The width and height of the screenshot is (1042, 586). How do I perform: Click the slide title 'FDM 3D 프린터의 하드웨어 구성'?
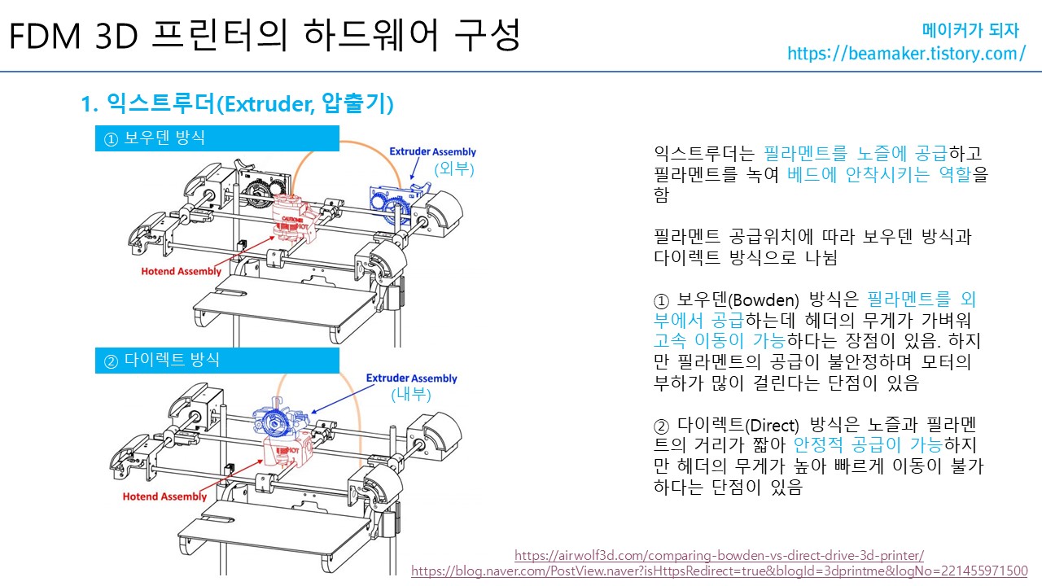(x=264, y=36)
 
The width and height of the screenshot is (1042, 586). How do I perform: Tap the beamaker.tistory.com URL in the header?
(x=906, y=54)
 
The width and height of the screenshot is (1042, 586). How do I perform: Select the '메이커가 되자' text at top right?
(x=970, y=31)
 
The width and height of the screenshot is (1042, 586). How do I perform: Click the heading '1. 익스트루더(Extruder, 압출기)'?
(x=238, y=103)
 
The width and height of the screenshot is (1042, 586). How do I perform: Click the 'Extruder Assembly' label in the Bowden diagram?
(x=432, y=152)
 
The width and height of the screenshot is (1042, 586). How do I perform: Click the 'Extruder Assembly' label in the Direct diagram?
(x=411, y=378)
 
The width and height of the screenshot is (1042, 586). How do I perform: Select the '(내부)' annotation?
(x=411, y=395)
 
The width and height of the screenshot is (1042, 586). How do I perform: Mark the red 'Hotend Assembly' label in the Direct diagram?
(x=164, y=496)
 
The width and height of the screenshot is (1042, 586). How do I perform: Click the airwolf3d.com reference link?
(x=720, y=556)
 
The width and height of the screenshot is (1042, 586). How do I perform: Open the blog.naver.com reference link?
(x=720, y=571)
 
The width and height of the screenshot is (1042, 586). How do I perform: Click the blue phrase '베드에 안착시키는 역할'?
(x=880, y=174)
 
